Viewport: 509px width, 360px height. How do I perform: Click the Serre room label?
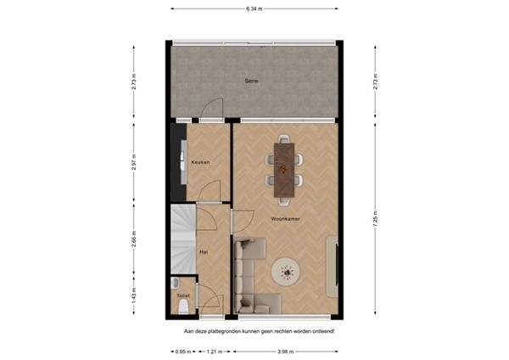point(251,81)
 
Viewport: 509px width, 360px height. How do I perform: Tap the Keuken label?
point(200,161)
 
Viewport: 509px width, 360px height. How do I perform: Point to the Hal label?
point(204,252)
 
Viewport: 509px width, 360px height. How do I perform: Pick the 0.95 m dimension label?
point(181,351)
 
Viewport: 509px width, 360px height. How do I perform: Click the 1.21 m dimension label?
point(215,351)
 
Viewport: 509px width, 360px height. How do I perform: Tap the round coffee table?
point(285,273)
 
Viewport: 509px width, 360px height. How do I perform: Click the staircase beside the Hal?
point(183,239)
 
